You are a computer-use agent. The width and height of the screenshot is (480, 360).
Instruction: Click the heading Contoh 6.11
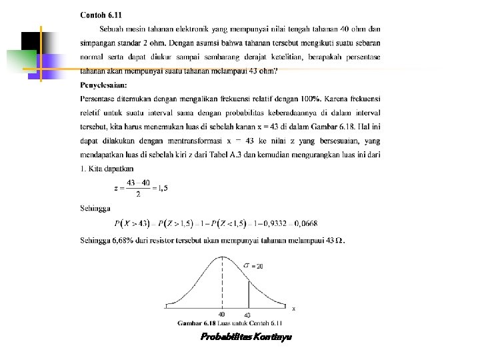click(101, 15)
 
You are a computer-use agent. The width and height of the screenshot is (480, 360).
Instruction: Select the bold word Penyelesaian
click(104, 85)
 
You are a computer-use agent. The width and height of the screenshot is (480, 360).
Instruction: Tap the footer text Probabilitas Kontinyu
click(245, 337)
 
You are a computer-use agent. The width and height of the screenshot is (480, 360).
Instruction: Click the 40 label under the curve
click(221, 315)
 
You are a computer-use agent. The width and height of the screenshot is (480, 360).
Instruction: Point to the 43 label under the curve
click(248, 315)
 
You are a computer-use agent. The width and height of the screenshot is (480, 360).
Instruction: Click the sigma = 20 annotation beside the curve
click(253, 265)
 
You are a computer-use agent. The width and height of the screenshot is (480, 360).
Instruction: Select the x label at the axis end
click(294, 308)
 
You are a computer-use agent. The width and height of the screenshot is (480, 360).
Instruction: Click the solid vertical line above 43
click(249, 294)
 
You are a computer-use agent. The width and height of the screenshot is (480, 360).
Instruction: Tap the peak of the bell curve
click(221, 257)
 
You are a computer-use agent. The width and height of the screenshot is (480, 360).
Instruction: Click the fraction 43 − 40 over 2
click(137, 188)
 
